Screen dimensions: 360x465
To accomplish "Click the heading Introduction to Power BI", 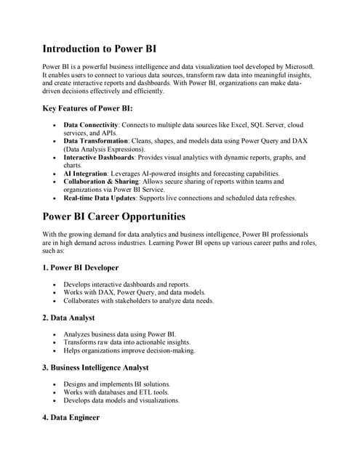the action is click(x=99, y=49).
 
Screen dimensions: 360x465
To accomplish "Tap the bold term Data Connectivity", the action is click(x=91, y=126).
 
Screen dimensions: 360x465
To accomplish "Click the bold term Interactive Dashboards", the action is click(x=101, y=157).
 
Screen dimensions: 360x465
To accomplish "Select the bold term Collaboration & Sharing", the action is click(x=104, y=182).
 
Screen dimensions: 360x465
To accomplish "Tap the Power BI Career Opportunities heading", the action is click(x=114, y=217).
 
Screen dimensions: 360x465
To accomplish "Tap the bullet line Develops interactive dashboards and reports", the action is click(x=127, y=284).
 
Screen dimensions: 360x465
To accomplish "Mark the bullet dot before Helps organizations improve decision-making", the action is click(x=55, y=351).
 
